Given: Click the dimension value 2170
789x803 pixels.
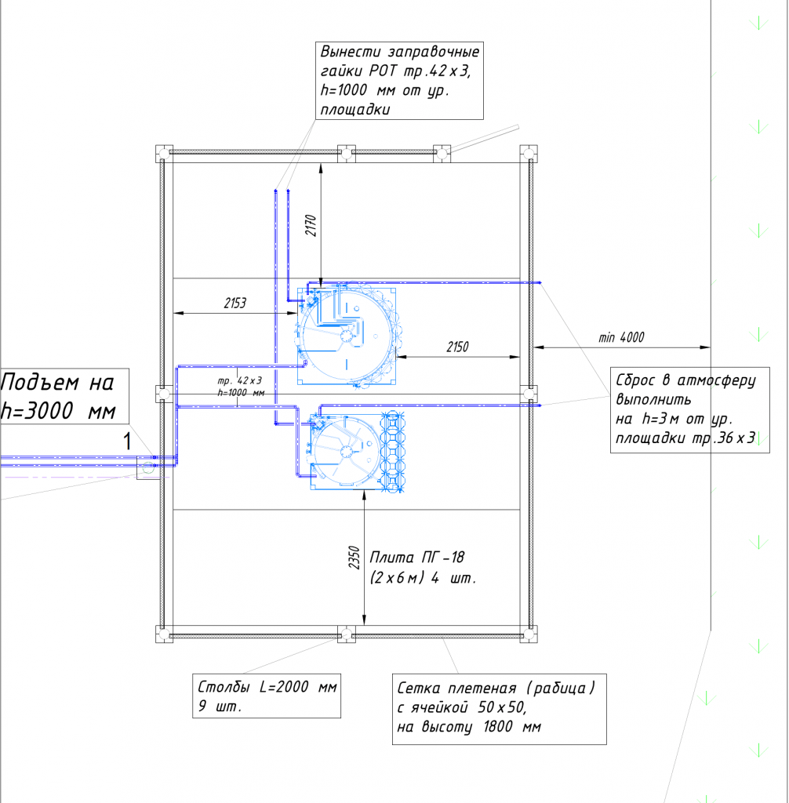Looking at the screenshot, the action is (311, 225).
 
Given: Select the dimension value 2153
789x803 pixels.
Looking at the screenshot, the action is (235, 303).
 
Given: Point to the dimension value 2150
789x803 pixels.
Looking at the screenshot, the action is (457, 347).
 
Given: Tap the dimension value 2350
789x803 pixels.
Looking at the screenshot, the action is (354, 558).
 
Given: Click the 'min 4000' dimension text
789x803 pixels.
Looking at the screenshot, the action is (621, 337).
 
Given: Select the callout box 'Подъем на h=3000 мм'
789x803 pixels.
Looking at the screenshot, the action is (64, 396).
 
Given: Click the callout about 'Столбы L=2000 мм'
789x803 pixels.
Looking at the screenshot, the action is (267, 696).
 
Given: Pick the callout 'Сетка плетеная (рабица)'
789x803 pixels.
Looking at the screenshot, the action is (500, 709).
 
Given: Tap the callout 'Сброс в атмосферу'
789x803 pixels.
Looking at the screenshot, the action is (689, 409).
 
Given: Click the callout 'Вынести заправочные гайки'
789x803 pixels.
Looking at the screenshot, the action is (399, 81).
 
